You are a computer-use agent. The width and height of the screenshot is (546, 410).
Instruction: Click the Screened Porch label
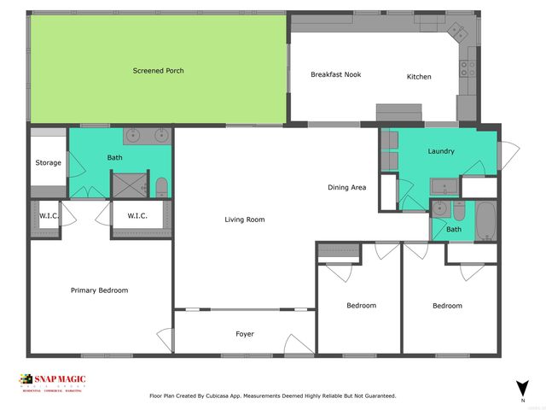pyautogui.click(x=158, y=71)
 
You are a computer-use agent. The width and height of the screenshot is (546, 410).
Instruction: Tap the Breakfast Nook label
pyautogui.click(x=335, y=74)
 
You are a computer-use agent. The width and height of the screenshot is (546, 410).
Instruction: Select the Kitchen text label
pyautogui.click(x=419, y=77)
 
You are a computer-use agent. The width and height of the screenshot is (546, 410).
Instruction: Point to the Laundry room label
pyautogui.click(x=440, y=151)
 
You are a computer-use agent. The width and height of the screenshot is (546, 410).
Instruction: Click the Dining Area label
pyautogui.click(x=347, y=187)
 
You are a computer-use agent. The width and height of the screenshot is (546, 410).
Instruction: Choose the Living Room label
pyautogui.click(x=245, y=220)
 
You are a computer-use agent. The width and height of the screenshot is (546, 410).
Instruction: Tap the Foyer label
pyautogui.click(x=245, y=334)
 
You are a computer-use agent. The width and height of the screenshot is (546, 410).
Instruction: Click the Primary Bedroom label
pyautogui.click(x=99, y=290)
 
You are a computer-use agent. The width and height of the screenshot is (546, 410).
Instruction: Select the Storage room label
pyautogui.click(x=48, y=162)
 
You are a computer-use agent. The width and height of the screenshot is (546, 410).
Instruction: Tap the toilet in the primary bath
pyautogui.click(x=162, y=185)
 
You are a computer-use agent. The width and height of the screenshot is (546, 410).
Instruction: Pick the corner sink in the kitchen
pyautogui.click(x=457, y=32)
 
